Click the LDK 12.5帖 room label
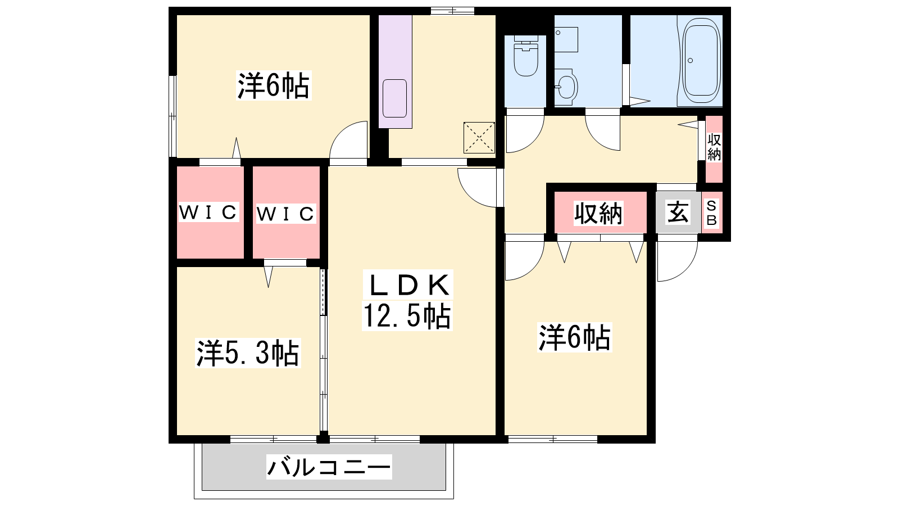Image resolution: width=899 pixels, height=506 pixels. (x=407, y=300)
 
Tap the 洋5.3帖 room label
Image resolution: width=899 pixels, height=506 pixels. (x=248, y=354)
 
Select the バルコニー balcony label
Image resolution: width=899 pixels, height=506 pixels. (x=329, y=467)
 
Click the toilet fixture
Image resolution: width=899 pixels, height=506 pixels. (x=526, y=56)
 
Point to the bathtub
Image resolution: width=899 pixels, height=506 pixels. (x=700, y=60)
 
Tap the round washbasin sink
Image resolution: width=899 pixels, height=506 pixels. (x=566, y=87)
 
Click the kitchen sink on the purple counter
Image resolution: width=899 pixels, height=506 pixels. (x=394, y=98)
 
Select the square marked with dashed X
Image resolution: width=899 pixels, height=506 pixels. (x=479, y=138)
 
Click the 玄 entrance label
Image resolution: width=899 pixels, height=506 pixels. (x=678, y=213)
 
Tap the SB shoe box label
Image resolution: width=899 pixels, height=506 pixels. (x=711, y=213)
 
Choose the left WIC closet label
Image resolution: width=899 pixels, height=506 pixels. (x=208, y=213)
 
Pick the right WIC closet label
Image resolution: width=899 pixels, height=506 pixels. (x=285, y=214)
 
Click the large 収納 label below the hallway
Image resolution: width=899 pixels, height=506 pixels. (x=598, y=213)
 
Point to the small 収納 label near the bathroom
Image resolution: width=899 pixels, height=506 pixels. (x=714, y=147)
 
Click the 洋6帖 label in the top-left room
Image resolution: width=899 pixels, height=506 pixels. (x=274, y=85)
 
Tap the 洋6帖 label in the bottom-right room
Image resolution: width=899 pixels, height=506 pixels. (x=574, y=337)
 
